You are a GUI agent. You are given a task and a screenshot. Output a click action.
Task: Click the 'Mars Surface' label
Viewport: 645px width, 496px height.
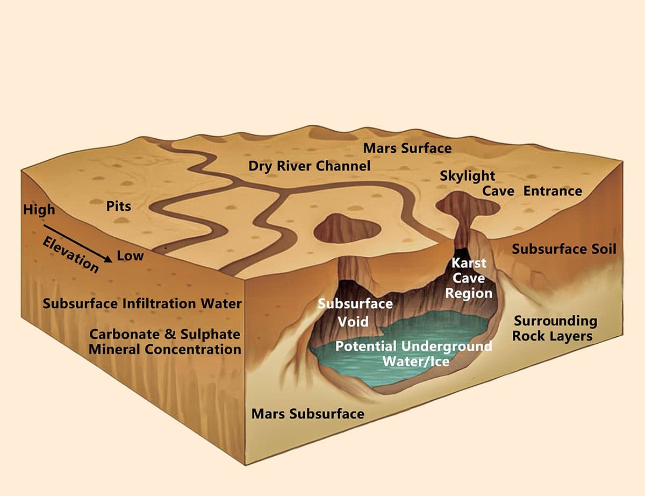click(407, 148)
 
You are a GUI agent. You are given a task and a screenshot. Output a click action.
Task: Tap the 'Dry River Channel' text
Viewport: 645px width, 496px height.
click(309, 166)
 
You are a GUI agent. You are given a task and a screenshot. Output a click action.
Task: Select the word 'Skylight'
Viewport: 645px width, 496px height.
click(467, 176)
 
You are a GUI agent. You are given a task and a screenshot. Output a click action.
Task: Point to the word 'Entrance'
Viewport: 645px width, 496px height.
click(553, 191)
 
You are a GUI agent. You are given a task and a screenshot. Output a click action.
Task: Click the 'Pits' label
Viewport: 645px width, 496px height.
click(119, 206)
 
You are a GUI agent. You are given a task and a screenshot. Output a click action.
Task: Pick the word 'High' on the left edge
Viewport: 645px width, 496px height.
click(39, 210)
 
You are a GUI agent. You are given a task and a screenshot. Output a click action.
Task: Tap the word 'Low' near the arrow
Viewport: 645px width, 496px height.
click(130, 256)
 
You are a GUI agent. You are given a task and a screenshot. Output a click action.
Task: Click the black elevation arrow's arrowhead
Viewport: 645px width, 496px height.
click(109, 259)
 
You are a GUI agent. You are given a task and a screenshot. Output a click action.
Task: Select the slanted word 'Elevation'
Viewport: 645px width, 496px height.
click(70, 255)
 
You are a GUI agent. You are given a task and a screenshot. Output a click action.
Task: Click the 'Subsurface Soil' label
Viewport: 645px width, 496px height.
click(564, 249)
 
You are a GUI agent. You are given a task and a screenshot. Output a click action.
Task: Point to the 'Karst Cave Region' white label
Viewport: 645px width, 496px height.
click(469, 278)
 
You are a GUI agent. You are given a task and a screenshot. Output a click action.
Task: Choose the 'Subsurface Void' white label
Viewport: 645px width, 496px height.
click(355, 313)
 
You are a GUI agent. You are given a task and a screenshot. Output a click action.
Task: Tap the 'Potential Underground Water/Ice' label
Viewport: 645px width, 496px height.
click(414, 354)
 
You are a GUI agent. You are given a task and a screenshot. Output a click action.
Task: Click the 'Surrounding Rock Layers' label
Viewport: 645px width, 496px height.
click(555, 329)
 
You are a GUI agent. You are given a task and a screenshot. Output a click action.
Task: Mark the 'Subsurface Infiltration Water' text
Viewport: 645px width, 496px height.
click(142, 303)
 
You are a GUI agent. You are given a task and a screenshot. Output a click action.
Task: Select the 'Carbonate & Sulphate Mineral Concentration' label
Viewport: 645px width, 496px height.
click(165, 342)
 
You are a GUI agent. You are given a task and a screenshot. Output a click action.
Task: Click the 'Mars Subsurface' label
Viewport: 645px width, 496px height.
click(308, 414)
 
